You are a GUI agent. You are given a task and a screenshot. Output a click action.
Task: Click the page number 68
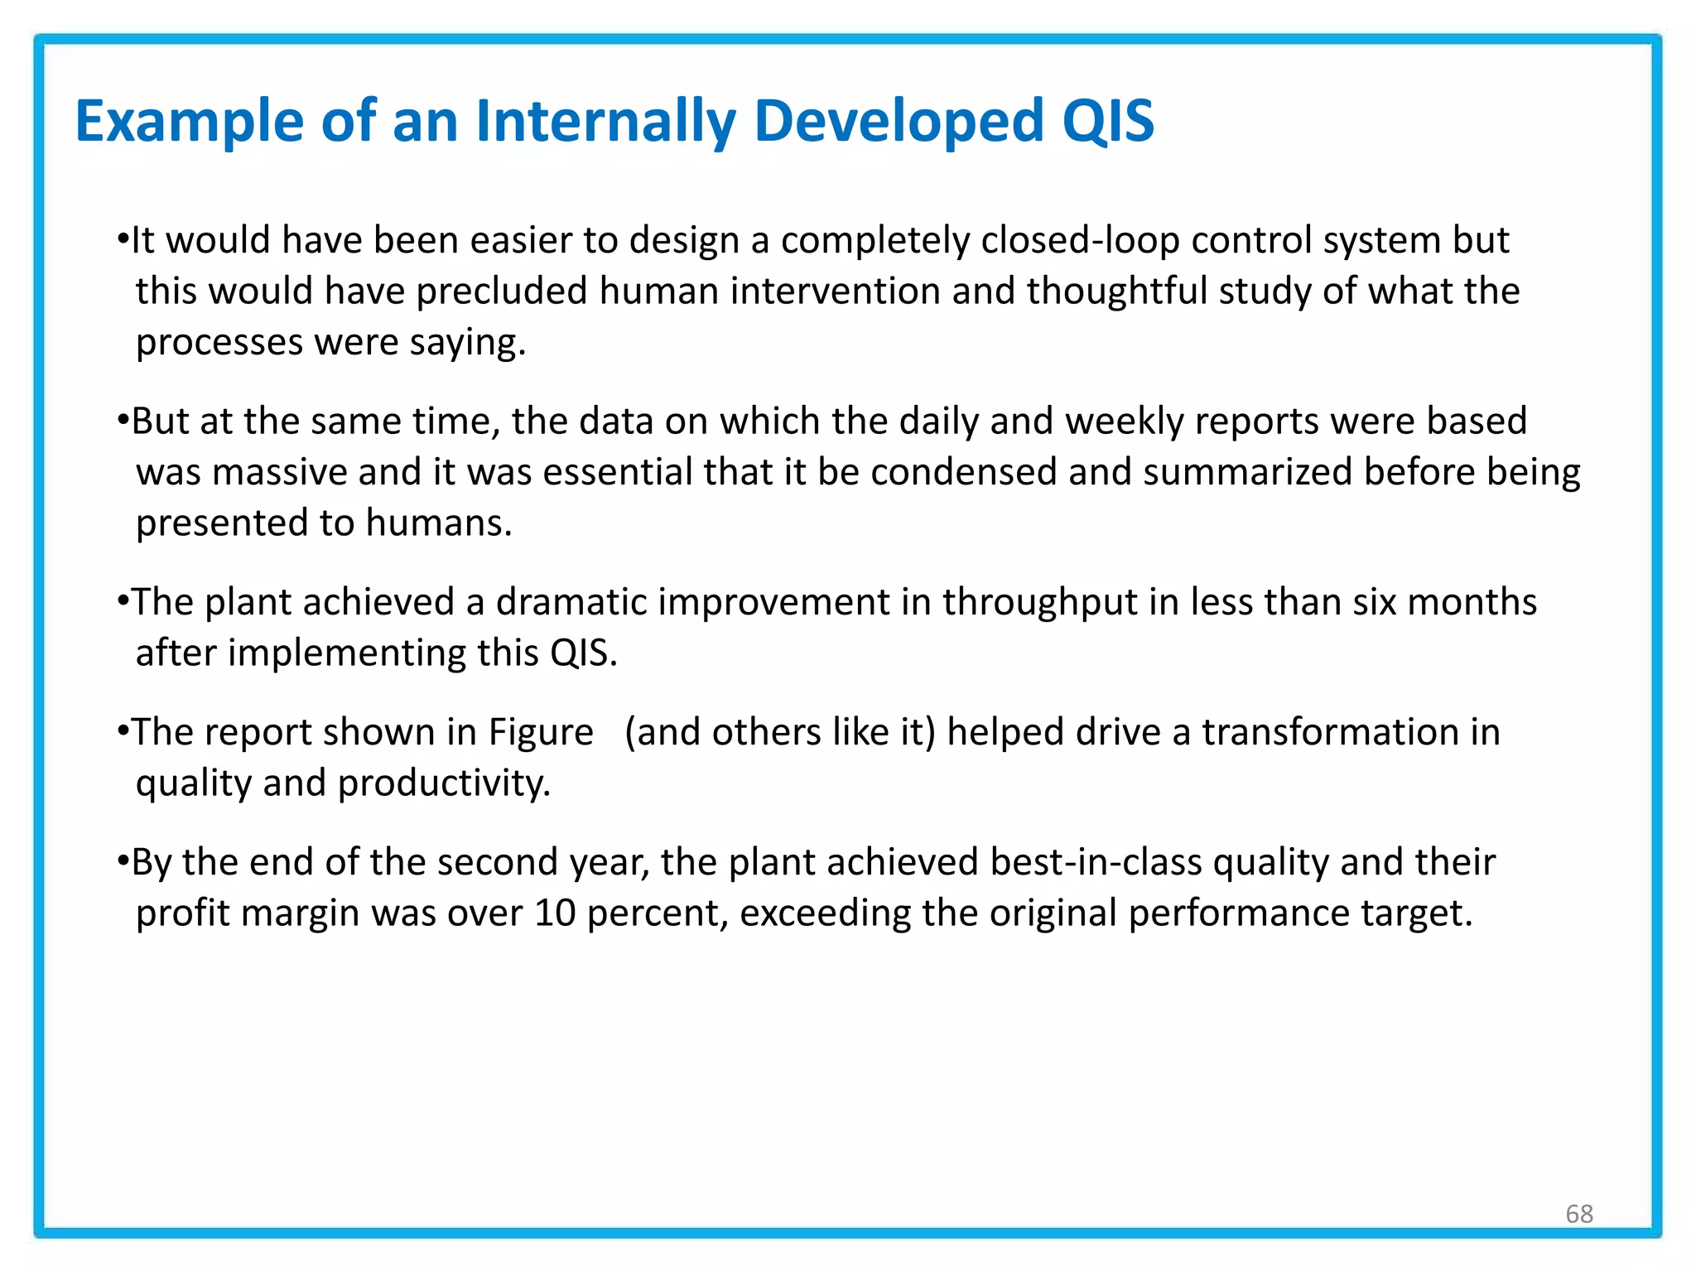click(1579, 1213)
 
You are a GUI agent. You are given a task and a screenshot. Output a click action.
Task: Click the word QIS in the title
click(1107, 121)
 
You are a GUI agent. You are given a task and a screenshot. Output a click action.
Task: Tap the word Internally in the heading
click(605, 121)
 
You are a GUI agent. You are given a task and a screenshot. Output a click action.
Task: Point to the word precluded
click(501, 291)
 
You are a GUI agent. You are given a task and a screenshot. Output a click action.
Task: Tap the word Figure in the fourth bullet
click(540, 732)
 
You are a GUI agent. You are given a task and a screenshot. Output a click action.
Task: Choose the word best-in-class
click(1096, 862)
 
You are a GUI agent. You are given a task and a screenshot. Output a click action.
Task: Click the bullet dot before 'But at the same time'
click(123, 421)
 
